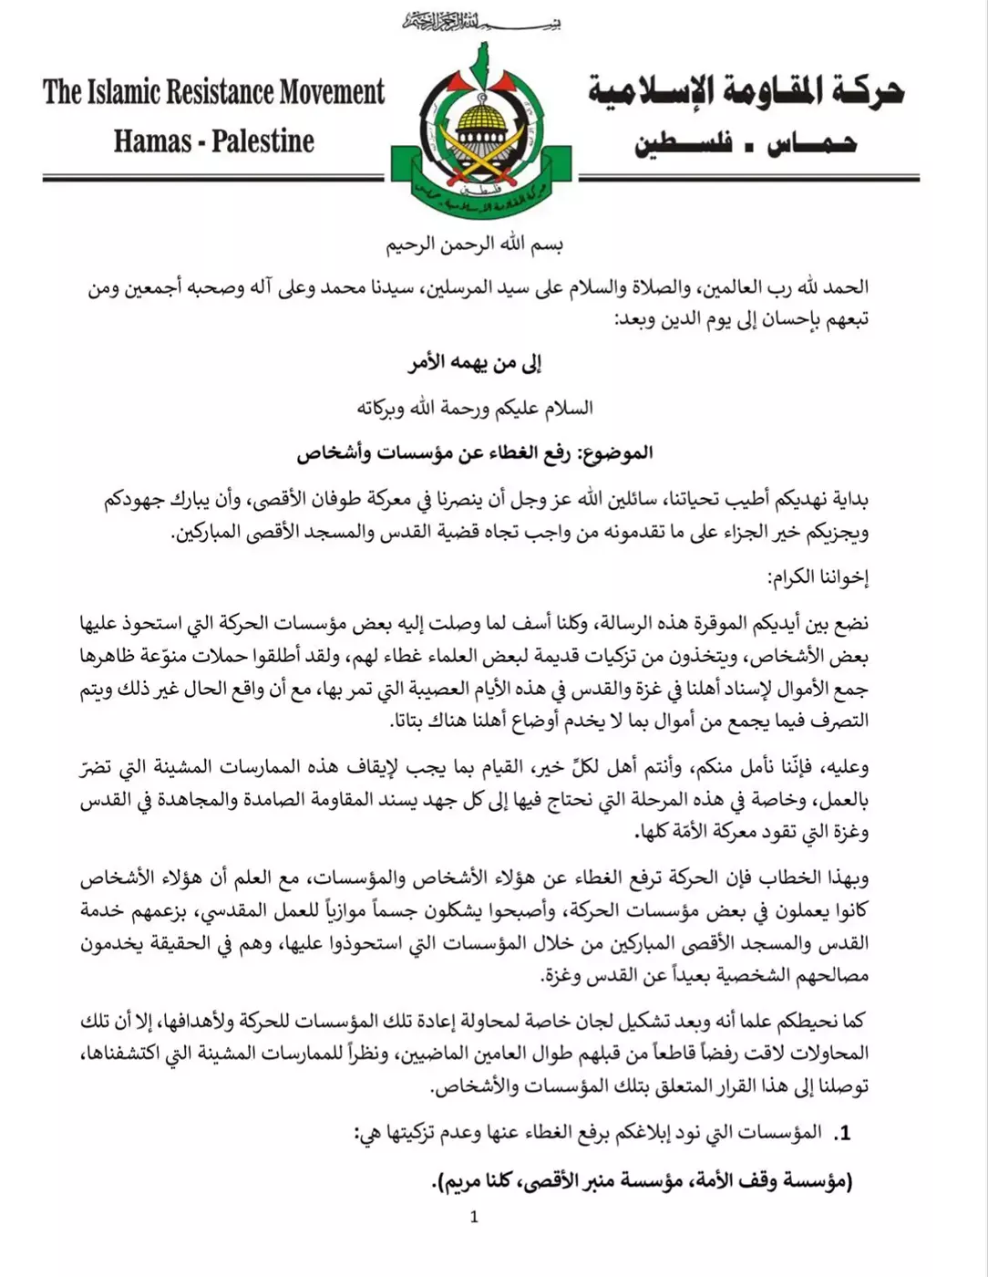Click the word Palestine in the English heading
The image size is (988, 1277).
(x=263, y=141)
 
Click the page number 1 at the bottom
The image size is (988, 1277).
(x=474, y=1217)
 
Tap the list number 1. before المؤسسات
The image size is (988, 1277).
(x=841, y=1134)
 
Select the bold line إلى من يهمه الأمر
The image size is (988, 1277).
(x=474, y=363)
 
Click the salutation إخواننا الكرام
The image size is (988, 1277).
(x=818, y=577)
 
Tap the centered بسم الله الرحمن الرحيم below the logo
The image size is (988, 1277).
(x=474, y=244)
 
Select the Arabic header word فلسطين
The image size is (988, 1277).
(x=684, y=144)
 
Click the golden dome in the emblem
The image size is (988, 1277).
(x=480, y=119)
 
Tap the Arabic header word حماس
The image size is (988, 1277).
(x=810, y=144)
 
